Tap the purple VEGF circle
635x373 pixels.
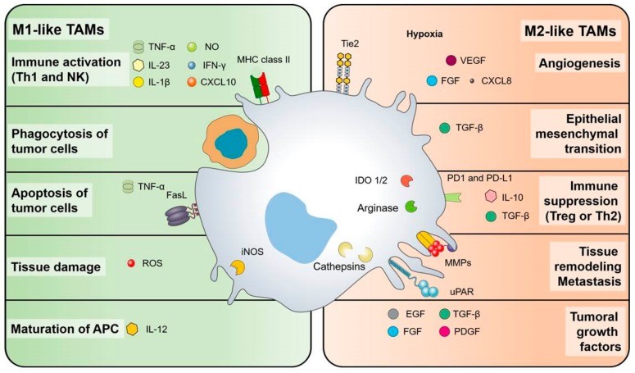tap(451, 60)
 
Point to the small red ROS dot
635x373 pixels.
tap(130, 263)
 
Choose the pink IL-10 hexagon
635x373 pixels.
tap(492, 197)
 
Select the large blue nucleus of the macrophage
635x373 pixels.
tap(308, 222)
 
